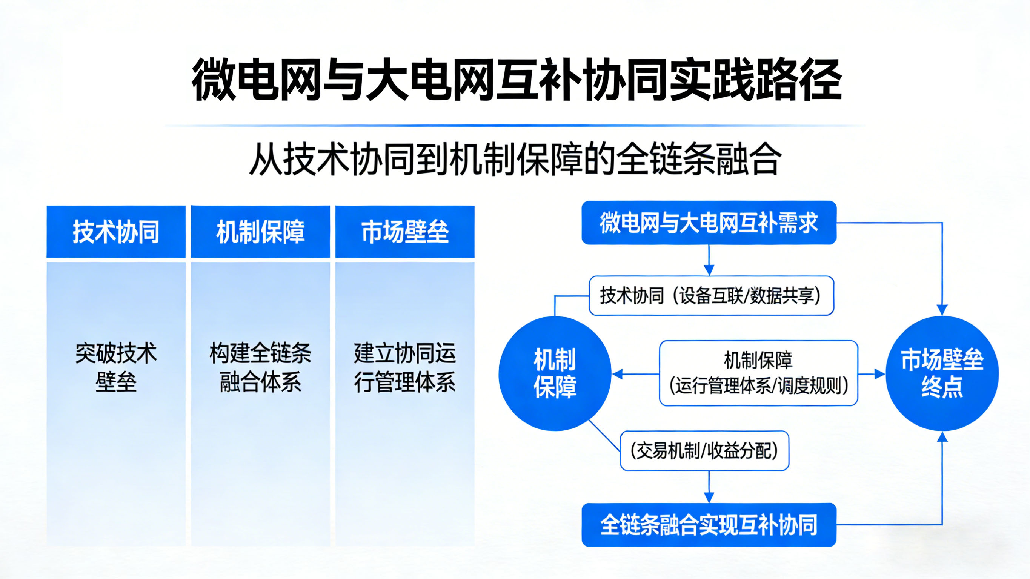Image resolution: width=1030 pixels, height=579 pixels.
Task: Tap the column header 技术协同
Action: pyautogui.click(x=116, y=232)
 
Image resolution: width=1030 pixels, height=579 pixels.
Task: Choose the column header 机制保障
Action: pyautogui.click(x=260, y=232)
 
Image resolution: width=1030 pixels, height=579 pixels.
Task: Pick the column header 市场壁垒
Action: pyautogui.click(x=404, y=232)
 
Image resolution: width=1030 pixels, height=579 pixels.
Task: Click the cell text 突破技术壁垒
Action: pyautogui.click(x=116, y=367)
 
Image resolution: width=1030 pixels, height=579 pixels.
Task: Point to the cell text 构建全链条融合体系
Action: pyautogui.click(x=260, y=367)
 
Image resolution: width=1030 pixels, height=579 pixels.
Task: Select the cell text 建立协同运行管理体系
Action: pyautogui.click(x=404, y=367)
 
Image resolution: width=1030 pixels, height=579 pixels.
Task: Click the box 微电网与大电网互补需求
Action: pyautogui.click(x=709, y=223)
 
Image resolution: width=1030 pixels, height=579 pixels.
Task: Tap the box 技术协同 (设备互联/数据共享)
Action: pyautogui.click(x=711, y=295)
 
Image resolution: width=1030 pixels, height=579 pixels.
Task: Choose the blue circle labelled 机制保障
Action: pyautogui.click(x=555, y=373)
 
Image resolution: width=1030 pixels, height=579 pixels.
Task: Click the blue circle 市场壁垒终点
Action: pyautogui.click(x=942, y=373)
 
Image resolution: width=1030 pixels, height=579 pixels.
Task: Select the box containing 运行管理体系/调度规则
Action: pyautogui.click(x=758, y=373)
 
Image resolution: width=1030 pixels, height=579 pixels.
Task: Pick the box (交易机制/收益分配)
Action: pyautogui.click(x=704, y=451)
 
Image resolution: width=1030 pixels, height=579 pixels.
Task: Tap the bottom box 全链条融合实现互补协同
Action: pyautogui.click(x=709, y=525)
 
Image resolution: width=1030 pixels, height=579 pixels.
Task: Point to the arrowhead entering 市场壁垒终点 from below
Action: pyautogui.click(x=942, y=437)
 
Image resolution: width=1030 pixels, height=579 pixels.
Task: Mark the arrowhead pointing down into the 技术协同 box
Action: pyautogui.click(x=709, y=270)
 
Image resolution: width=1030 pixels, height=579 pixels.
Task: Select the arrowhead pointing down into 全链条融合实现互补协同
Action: pyautogui.click(x=709, y=498)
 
